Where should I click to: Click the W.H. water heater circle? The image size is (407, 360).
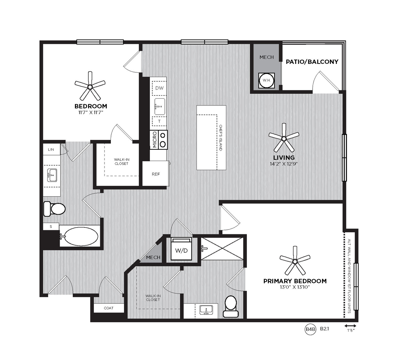point(266,80)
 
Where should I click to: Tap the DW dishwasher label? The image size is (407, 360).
point(159,88)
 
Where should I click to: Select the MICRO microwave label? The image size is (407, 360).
point(154,140)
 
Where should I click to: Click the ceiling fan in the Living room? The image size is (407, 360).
point(284,138)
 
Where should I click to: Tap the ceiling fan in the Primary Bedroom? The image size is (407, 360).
point(295,261)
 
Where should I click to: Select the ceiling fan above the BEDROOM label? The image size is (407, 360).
point(90,86)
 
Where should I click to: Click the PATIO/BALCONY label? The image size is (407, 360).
point(312,61)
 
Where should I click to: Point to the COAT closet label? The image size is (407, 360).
point(108,308)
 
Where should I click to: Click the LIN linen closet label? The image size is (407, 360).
point(51,149)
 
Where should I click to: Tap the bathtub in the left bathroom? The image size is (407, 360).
point(80,236)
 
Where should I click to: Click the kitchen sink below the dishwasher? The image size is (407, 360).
point(160,106)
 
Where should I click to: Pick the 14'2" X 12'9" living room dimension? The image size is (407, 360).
point(283,164)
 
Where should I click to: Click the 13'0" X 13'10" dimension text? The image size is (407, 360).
point(295,287)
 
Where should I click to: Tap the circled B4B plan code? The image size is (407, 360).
point(310,329)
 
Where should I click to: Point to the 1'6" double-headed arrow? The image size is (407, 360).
point(350,326)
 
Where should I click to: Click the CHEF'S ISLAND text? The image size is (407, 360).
point(220,138)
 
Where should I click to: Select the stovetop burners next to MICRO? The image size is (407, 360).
point(163,140)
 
